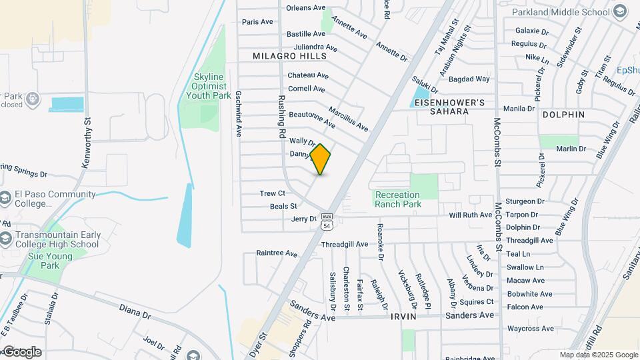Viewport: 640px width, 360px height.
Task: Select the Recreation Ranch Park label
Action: pyautogui.click(x=398, y=199)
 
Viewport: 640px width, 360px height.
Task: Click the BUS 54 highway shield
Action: pyautogui.click(x=327, y=221)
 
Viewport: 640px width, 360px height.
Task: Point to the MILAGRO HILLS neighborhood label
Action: pyautogui.click(x=281, y=57)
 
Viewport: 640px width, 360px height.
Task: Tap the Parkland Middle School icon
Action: pyautogui.click(x=620, y=12)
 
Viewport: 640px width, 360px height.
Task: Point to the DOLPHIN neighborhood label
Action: pyautogui.click(x=563, y=115)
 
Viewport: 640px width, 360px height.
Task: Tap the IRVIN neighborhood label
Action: pyautogui.click(x=403, y=316)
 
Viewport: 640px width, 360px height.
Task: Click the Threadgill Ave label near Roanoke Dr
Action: pyautogui.click(x=345, y=245)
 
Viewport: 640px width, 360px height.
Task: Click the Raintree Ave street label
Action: pyautogui.click(x=277, y=253)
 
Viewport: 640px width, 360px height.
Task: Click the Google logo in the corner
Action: pyautogui.click(x=22, y=351)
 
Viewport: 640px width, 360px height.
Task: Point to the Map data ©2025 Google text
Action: pyautogui.click(x=598, y=355)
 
